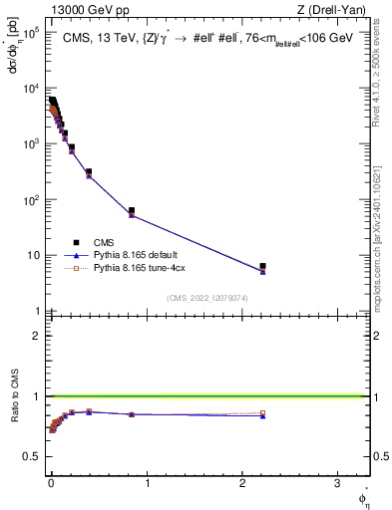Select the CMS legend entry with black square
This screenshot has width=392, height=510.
tap(76, 241)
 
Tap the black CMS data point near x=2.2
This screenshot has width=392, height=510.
tap(262, 266)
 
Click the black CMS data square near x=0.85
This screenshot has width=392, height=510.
tap(132, 210)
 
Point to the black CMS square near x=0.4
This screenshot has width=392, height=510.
tap(89, 172)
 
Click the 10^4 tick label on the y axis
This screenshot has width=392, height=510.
tap(29, 89)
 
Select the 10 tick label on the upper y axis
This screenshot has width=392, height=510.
tap(31, 256)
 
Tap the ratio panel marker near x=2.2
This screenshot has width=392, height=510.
tap(262, 414)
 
